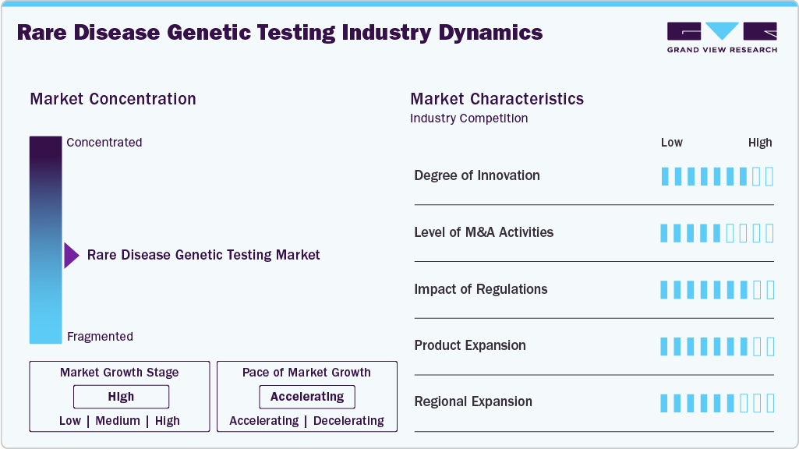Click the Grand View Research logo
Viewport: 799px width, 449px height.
[x=722, y=37]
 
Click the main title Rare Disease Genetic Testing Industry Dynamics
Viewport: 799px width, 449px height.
[x=280, y=33]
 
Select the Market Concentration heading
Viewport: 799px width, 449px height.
[x=113, y=99]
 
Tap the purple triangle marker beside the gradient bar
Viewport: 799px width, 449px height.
[x=72, y=255]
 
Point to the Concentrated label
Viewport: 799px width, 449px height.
[x=104, y=143]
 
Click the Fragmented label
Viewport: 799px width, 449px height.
[x=100, y=337]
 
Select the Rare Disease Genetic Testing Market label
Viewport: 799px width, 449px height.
[x=203, y=255]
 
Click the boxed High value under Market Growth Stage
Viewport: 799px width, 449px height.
[x=121, y=397]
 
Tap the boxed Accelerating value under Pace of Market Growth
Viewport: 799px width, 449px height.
[x=307, y=397]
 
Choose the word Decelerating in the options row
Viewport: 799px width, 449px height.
[x=348, y=421]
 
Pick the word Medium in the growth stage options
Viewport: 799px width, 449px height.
[x=118, y=421]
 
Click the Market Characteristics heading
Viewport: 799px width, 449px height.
[x=497, y=99]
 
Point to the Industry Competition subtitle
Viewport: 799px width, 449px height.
[x=468, y=118]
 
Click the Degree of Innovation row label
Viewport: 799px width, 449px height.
[x=477, y=175]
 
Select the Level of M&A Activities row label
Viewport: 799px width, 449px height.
[x=484, y=232]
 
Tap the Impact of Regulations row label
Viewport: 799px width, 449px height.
[x=481, y=289]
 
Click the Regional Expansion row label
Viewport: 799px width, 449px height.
[x=473, y=402]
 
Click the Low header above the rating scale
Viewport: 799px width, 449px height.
[x=671, y=143]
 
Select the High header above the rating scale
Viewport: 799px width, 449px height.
[x=760, y=143]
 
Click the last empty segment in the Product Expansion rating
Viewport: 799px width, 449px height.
[x=770, y=346]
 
